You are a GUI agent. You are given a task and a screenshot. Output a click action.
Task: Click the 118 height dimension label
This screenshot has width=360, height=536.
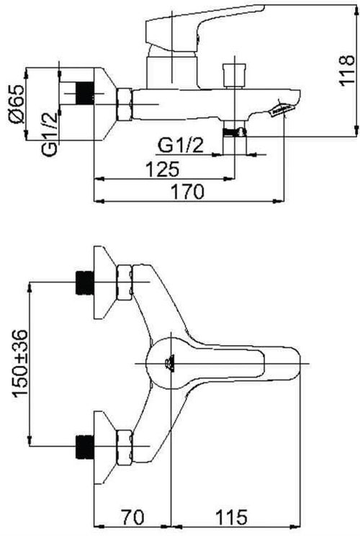click(346, 71)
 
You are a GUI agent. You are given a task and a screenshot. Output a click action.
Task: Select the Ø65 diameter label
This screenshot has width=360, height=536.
click(17, 103)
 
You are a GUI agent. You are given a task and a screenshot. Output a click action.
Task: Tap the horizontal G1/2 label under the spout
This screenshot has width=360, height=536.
click(180, 146)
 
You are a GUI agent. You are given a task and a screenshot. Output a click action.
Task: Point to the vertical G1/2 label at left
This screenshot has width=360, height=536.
click(50, 134)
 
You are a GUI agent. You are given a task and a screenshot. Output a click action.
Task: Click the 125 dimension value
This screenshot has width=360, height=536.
click(163, 169)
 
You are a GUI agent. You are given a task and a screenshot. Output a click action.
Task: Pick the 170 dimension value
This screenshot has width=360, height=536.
click(187, 192)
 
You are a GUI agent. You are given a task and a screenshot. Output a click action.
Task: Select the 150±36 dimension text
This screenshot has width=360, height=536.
click(19, 363)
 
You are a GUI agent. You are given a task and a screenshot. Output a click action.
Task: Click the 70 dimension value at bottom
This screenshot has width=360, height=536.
click(133, 517)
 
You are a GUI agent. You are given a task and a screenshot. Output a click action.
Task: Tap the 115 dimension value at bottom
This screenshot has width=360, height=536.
click(232, 517)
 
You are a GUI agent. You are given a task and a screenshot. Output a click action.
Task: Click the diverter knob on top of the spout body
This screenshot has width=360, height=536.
click(234, 75)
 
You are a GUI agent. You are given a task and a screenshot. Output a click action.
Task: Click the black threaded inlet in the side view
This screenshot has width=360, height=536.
click(84, 94)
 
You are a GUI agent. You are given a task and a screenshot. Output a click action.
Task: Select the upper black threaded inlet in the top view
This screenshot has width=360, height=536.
click(84, 282)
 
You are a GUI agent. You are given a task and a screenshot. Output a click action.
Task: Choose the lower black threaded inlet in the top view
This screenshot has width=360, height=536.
click(84, 447)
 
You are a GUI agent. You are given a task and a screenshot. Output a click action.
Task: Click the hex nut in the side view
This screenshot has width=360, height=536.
click(125, 104)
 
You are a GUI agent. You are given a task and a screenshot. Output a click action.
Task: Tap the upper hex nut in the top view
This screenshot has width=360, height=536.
click(125, 282)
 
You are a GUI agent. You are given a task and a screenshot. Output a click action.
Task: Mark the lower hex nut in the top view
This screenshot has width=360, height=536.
click(125, 447)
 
